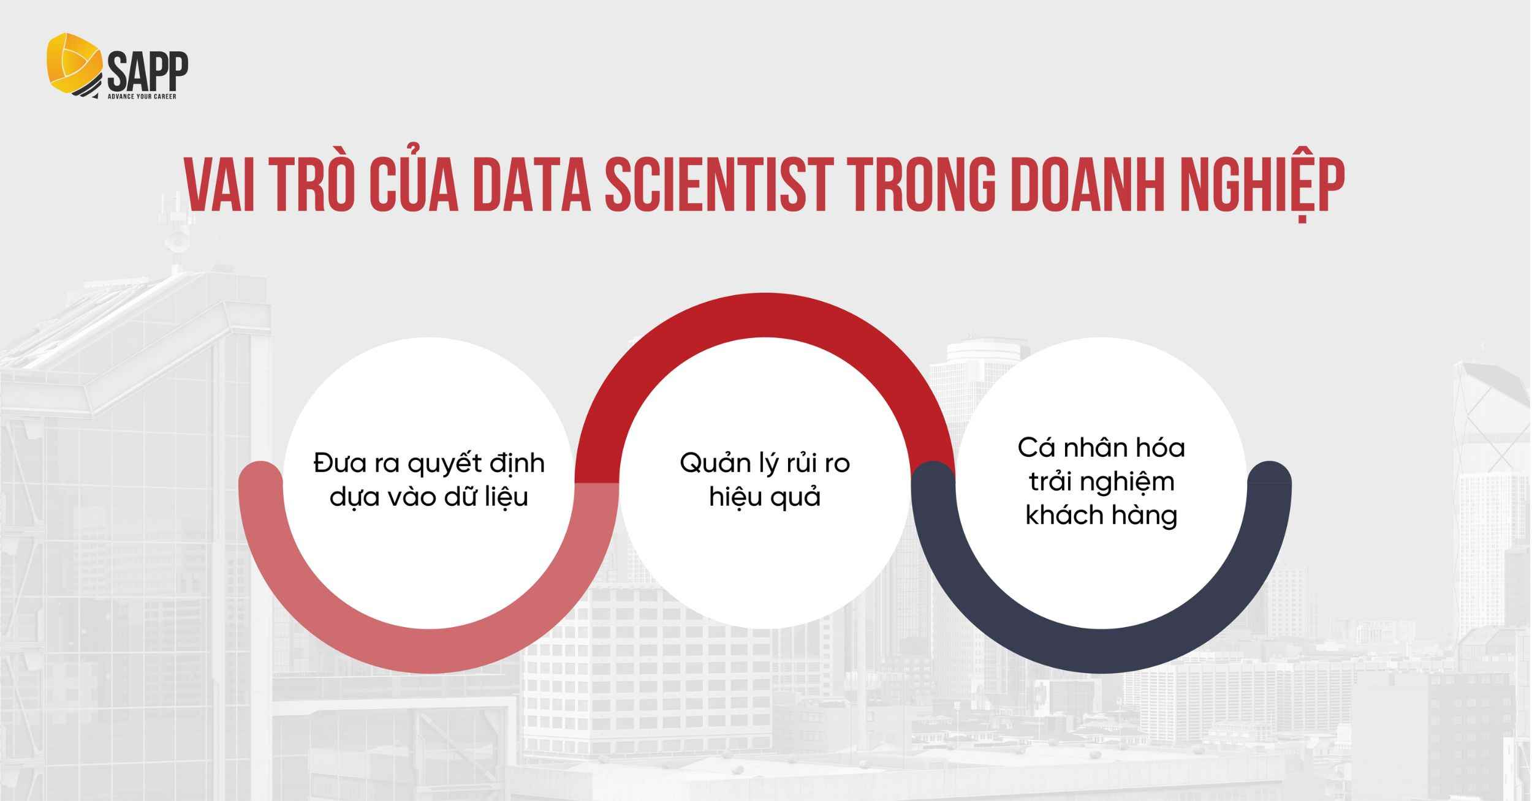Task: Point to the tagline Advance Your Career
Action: pyautogui.click(x=142, y=97)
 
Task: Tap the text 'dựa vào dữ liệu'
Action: pyautogui.click(x=428, y=497)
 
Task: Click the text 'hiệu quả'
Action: pyautogui.click(x=765, y=497)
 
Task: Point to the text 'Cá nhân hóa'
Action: pyautogui.click(x=1101, y=448)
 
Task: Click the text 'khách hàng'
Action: pyautogui.click(x=1101, y=516)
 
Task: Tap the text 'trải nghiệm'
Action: pyautogui.click(x=1101, y=482)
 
